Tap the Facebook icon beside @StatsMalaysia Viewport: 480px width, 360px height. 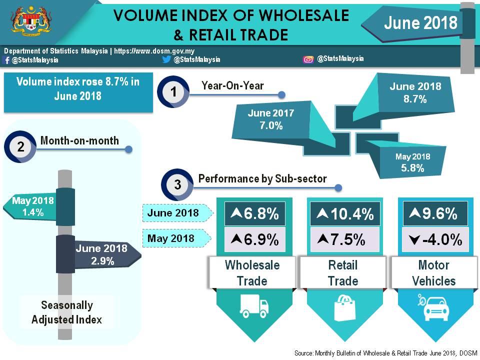6,60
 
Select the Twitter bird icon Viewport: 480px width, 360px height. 167,59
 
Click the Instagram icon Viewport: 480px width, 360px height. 308,59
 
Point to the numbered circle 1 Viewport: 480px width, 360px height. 173,92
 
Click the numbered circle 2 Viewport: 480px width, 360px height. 20,147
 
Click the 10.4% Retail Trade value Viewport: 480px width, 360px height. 345,214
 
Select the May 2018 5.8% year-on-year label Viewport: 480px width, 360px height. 412,162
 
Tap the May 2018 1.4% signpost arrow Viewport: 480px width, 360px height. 32,206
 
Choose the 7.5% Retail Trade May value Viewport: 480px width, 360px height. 345,239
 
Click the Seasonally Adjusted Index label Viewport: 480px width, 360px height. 66,312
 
